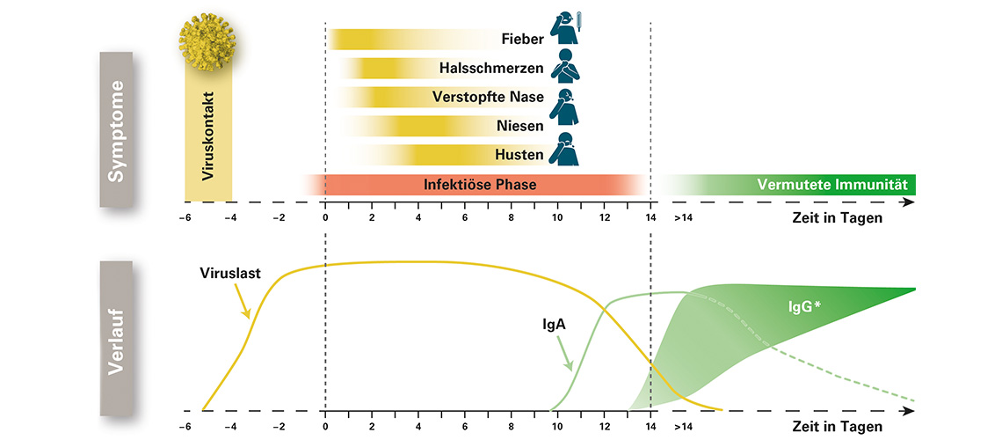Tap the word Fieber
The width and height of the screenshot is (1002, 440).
click(x=523, y=39)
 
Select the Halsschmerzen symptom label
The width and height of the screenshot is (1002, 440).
click(x=492, y=68)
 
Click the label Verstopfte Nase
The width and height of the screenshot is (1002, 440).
click(x=488, y=97)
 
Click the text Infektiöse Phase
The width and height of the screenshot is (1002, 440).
click(x=480, y=185)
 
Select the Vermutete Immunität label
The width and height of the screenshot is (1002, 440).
click(x=831, y=185)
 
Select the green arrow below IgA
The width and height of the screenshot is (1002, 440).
click(x=566, y=354)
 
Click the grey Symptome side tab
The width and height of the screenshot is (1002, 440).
click(x=116, y=130)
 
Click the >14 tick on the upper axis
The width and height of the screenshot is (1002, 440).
click(x=683, y=217)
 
